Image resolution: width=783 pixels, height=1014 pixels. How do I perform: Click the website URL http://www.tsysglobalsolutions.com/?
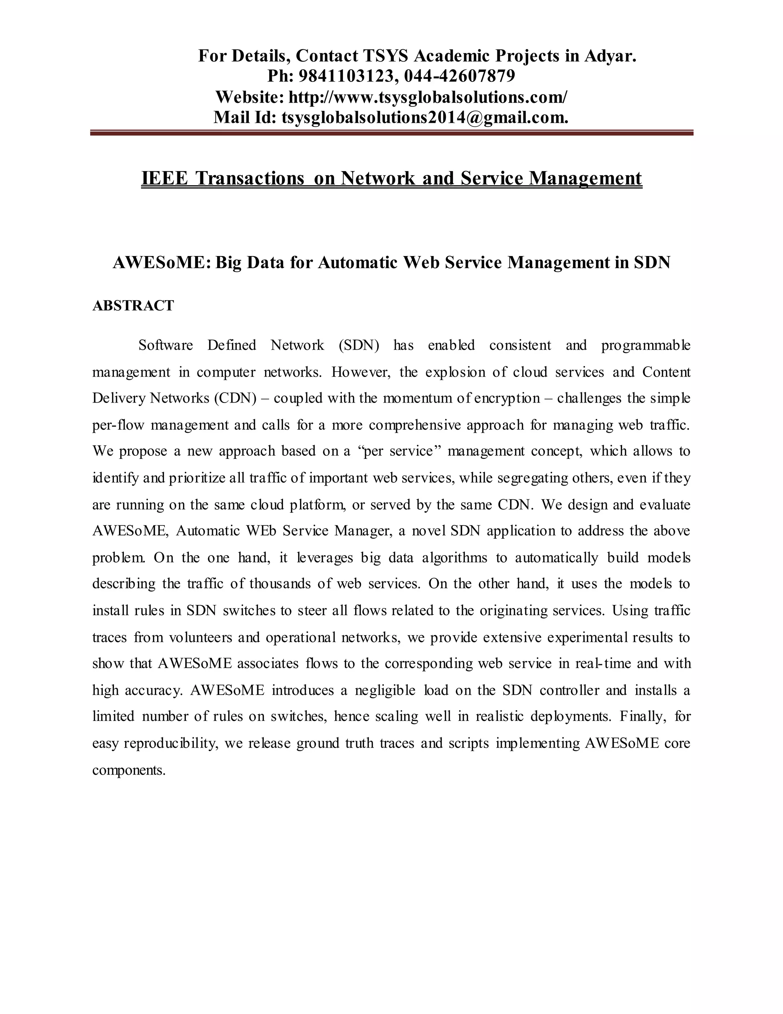427,97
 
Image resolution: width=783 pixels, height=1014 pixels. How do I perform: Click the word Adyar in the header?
609,56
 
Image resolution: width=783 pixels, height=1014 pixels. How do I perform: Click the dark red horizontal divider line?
391,133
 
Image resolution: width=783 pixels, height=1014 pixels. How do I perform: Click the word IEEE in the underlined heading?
165,178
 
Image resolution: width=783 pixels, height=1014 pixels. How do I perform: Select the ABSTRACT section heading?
133,305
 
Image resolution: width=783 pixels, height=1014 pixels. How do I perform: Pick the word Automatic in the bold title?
357,263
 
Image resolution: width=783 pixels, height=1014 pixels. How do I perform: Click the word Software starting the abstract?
166,346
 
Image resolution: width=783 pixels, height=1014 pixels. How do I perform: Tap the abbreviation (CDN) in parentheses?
235,398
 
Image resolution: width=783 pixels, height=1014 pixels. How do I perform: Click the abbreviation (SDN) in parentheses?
359,346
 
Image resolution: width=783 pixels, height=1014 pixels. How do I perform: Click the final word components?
128,770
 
